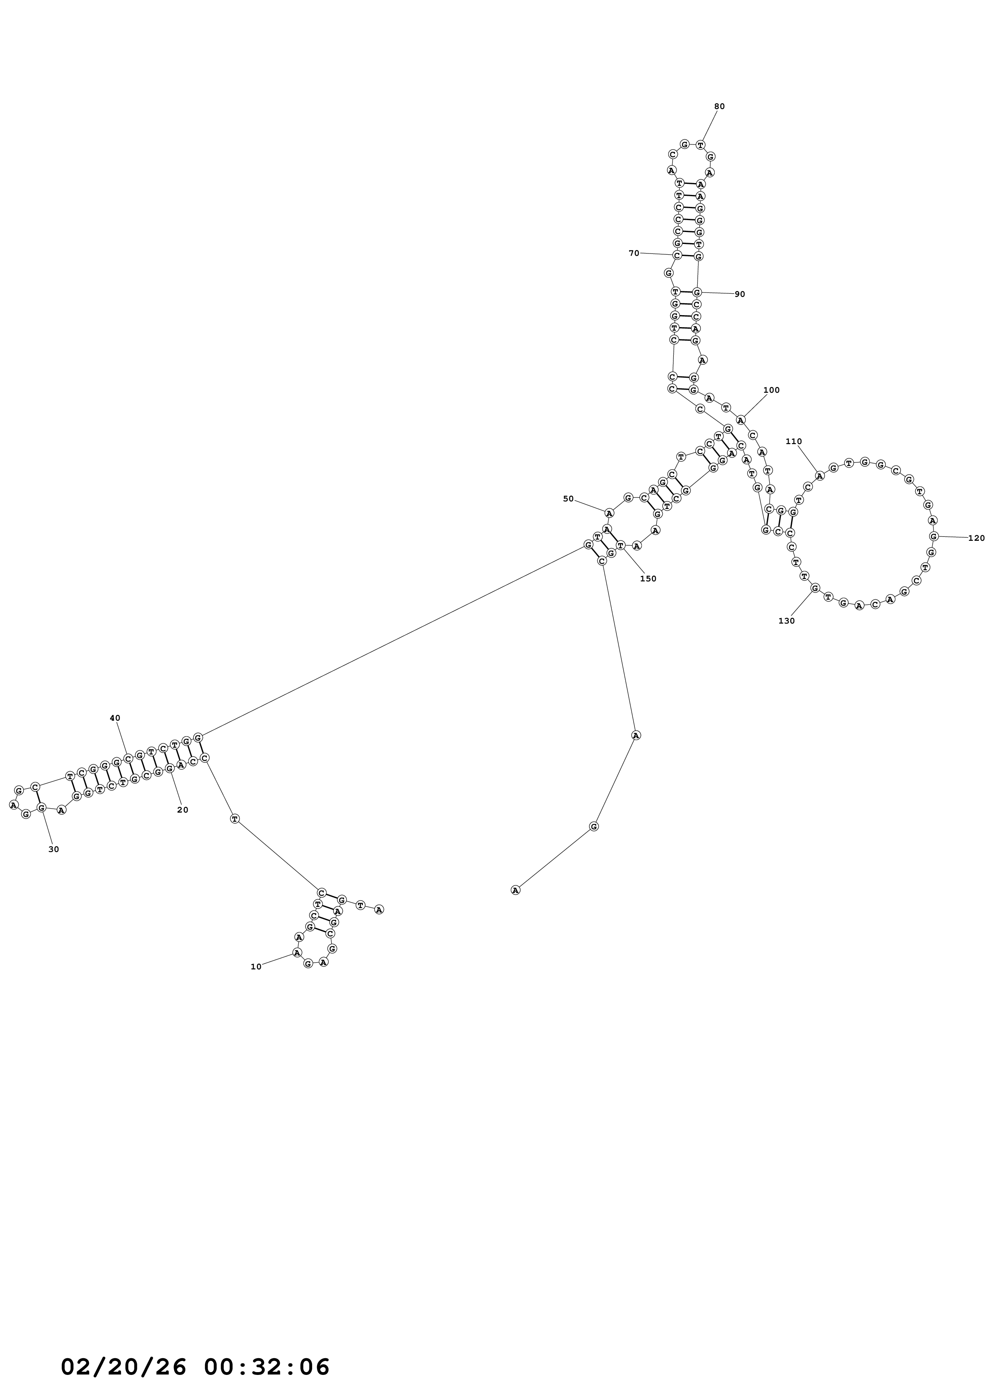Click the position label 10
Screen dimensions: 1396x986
point(256,966)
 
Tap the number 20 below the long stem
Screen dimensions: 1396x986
point(182,809)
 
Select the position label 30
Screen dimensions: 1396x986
point(53,849)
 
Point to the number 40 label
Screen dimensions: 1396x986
point(115,717)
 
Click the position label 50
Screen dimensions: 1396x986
point(568,499)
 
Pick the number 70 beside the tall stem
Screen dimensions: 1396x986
point(634,253)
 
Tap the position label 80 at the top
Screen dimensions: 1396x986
point(719,106)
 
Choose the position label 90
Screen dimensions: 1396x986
point(739,294)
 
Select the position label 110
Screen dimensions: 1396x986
point(793,441)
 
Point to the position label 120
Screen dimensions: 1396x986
point(976,538)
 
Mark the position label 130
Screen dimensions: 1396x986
point(786,621)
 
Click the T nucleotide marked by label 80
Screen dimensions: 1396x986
point(700,145)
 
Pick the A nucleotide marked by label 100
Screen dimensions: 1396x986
point(741,419)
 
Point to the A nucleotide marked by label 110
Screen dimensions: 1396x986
point(819,476)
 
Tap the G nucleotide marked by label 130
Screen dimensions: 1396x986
point(815,587)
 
